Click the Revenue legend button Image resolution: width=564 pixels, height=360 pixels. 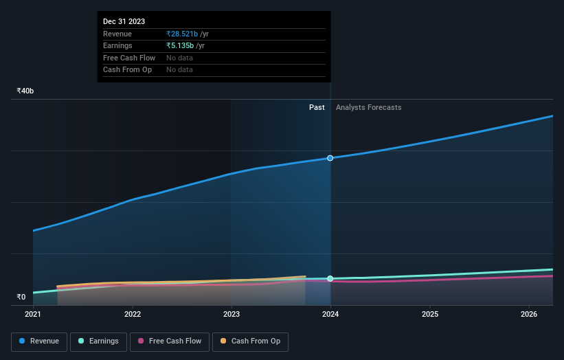39,341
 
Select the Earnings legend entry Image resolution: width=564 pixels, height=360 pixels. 98,341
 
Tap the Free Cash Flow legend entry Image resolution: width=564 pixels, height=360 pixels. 169,341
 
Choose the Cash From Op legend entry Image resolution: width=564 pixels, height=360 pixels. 250,341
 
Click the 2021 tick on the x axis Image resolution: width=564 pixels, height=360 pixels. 33,315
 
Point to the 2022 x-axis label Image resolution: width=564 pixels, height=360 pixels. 133,315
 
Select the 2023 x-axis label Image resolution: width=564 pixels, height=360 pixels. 232,315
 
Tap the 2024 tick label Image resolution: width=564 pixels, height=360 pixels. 330,315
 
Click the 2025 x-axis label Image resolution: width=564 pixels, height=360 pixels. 430,315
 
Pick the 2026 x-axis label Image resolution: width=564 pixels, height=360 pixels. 529,315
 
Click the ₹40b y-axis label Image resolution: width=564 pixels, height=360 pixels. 25,91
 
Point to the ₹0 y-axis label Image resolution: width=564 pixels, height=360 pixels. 21,297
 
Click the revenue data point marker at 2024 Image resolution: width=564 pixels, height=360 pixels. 330,158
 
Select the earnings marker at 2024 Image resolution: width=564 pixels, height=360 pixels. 330,278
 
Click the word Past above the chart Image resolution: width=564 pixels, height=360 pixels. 317,107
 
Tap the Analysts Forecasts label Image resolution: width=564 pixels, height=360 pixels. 368,107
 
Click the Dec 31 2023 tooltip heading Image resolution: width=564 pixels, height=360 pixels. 124,22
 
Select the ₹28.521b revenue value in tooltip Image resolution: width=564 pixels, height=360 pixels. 182,34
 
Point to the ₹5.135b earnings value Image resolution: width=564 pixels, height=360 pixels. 180,46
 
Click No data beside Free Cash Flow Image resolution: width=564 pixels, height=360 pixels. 179,58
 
